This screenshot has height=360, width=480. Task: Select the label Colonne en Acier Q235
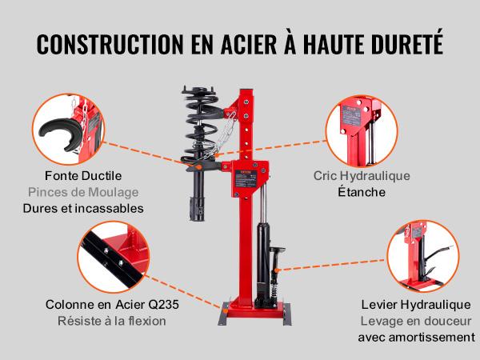click(x=106, y=305)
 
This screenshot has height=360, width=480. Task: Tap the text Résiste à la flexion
click(x=106, y=322)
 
